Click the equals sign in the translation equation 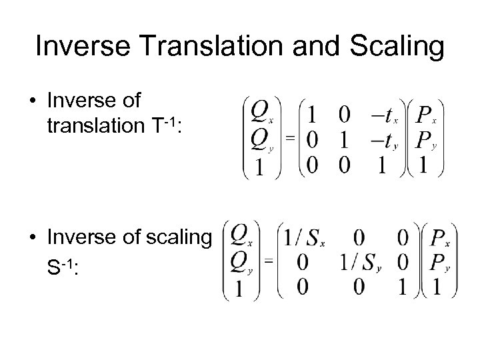click(x=291, y=138)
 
